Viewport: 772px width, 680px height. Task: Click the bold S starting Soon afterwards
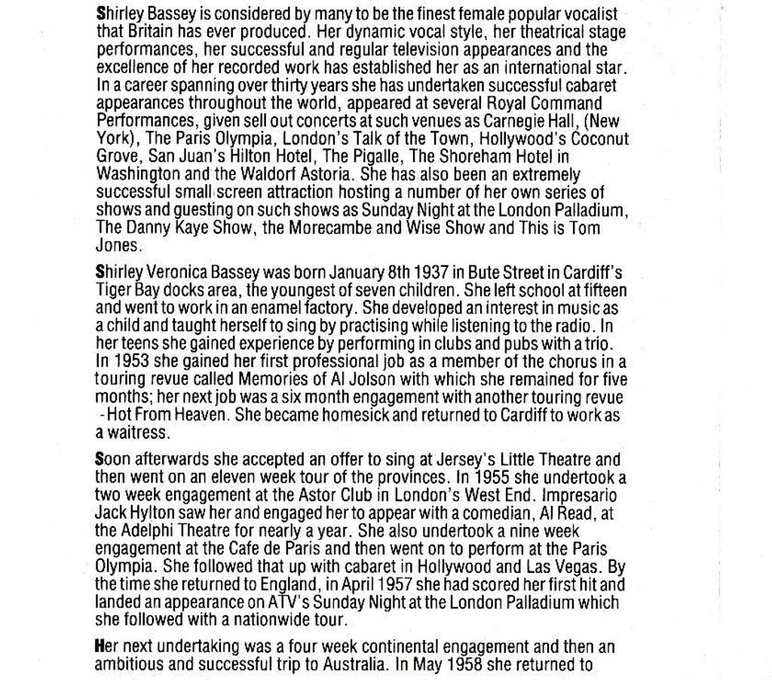pyautogui.click(x=100, y=459)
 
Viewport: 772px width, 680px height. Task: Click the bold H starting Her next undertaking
pyautogui.click(x=100, y=646)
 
